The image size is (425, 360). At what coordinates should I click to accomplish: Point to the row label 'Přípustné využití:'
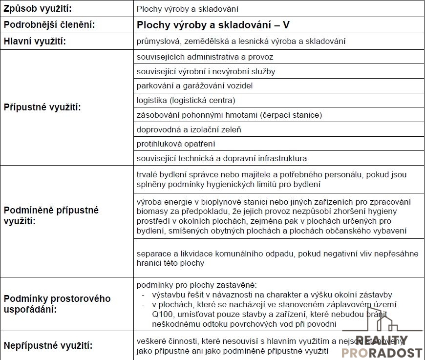click(42, 107)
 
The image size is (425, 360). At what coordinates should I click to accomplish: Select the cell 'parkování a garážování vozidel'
click(195, 86)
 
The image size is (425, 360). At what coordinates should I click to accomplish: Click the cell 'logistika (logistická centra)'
click(186, 101)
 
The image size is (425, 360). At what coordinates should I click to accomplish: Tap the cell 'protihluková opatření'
click(176, 144)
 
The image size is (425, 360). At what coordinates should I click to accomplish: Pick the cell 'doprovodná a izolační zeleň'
click(189, 129)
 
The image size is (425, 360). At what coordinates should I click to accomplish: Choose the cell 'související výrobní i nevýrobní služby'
click(206, 71)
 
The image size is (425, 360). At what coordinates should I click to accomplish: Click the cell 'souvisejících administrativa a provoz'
click(205, 57)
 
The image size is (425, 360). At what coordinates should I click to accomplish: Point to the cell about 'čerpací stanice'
click(230, 115)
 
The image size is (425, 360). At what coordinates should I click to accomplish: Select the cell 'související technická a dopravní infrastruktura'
click(222, 158)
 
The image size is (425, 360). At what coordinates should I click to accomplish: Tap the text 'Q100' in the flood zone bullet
click(162, 315)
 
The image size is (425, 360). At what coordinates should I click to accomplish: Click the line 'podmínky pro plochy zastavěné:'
click(196, 285)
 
